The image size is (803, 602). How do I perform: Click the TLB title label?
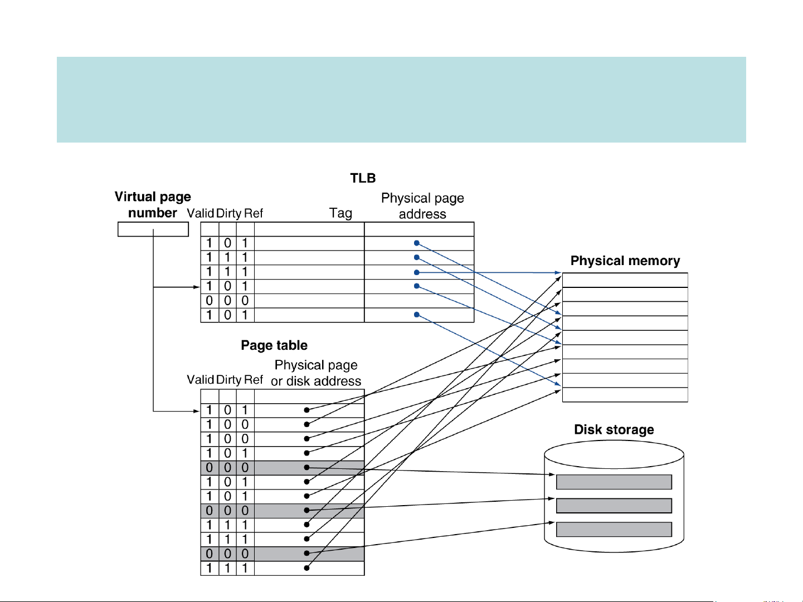[363, 178]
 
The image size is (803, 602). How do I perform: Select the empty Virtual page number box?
[153, 229]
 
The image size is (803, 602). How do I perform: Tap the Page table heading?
[274, 345]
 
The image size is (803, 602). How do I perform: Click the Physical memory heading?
[625, 261]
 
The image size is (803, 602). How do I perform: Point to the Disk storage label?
[614, 429]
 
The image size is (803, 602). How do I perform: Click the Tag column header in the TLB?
[340, 213]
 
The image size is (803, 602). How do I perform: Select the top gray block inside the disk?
[614, 482]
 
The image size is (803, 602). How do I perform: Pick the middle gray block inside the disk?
[614, 506]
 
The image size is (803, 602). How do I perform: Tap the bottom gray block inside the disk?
[614, 529]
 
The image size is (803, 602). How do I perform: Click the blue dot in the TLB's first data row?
[417, 243]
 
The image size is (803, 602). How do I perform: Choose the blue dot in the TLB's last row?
[417, 315]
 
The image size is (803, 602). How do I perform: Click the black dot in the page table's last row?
[306, 568]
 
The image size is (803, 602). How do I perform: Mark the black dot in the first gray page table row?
[306, 468]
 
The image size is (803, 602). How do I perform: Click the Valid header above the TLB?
[201, 213]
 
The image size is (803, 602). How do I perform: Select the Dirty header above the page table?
[228, 380]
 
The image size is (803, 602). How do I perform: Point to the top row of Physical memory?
[625, 280]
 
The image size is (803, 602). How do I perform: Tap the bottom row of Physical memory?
[625, 395]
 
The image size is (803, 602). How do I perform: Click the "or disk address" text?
[316, 381]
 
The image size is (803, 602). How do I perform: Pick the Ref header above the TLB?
[254, 213]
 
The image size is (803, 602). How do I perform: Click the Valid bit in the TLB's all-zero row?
[210, 301]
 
